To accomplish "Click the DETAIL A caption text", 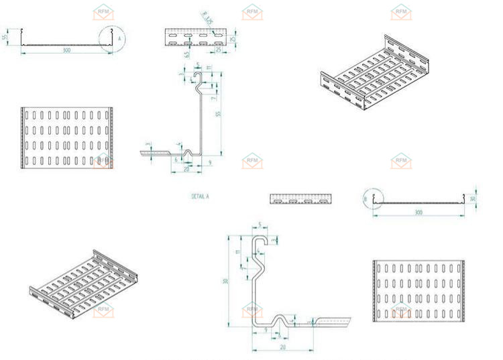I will coord(201,196).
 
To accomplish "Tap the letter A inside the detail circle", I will coord(119,40).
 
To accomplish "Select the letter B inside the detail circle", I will coord(366,199).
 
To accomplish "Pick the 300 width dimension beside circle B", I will coord(418,213).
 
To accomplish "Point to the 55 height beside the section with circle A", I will coord(5,38).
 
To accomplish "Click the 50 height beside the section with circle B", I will coord(473,198).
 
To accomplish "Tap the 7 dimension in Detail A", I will coord(213,99).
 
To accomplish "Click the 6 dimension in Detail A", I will coord(176,160).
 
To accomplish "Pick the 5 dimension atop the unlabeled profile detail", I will coord(260,226).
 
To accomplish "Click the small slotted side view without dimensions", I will coord(300,198).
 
